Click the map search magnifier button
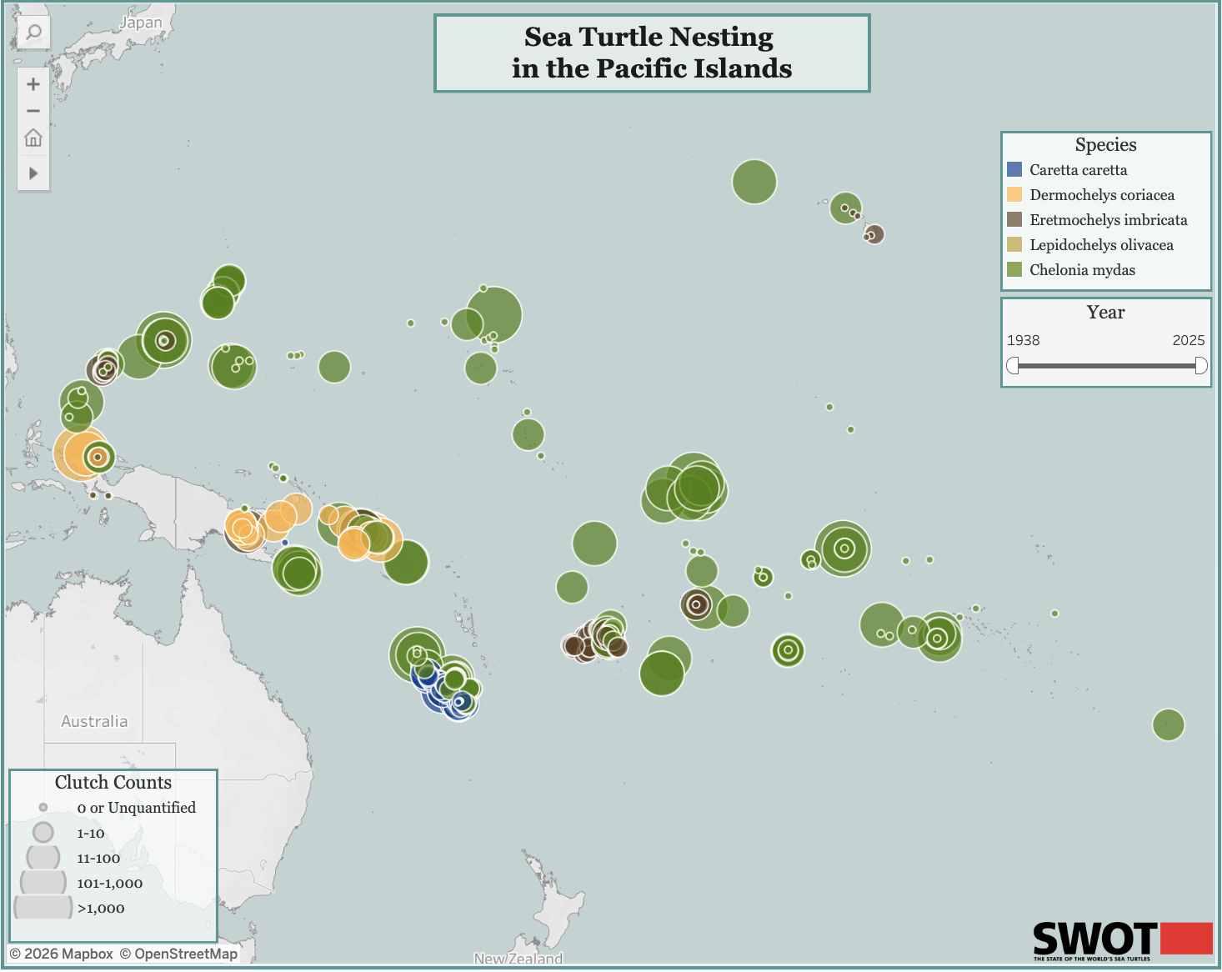point(33,33)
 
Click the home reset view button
point(33,138)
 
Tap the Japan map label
point(141,23)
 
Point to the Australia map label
point(94,721)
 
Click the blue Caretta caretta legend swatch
point(1014,170)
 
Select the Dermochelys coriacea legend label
point(1101,195)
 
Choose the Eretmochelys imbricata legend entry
point(1108,220)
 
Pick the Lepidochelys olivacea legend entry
point(1100,245)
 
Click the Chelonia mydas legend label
point(1082,270)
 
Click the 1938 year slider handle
point(1013,366)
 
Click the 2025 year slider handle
point(1200,366)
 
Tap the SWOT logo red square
point(1185,939)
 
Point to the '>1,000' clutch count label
point(101,909)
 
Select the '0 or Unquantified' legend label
point(136,808)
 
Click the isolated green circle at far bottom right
point(1168,724)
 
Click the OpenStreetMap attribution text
point(186,954)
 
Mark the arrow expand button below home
point(33,173)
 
